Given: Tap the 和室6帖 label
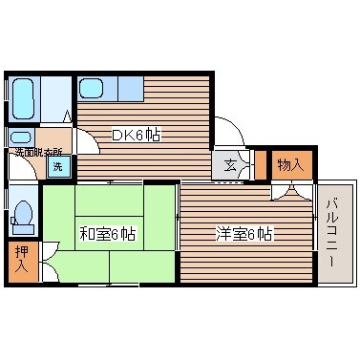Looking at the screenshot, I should pyautogui.click(x=107, y=233).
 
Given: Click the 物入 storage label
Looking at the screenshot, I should pyautogui.click(x=291, y=164).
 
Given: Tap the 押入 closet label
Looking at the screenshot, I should pyautogui.click(x=21, y=259).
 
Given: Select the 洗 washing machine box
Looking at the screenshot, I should pyautogui.click(x=58, y=167).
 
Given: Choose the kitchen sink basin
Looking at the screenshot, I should pyautogui.click(x=93, y=89).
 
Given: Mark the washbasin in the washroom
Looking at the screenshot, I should pyautogui.click(x=20, y=137).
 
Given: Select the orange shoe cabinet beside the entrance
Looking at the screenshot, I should pyautogui.click(x=260, y=165).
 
